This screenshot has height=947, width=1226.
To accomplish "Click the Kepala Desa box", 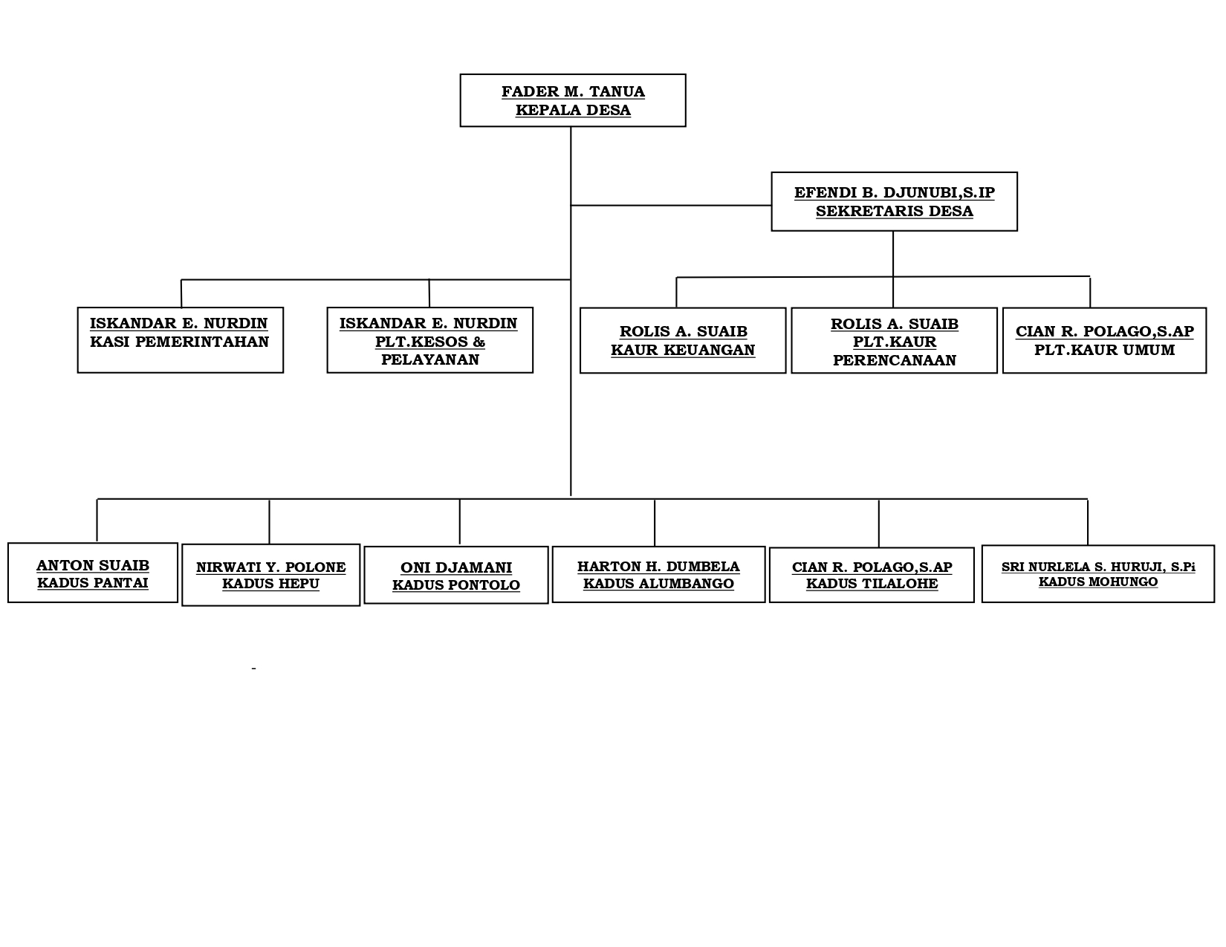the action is [x=573, y=100].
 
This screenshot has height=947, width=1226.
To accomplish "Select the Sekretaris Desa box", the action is [x=895, y=201].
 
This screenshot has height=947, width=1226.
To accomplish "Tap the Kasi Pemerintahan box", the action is [x=181, y=340].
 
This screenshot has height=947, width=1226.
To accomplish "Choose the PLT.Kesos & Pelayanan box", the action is [x=430, y=340].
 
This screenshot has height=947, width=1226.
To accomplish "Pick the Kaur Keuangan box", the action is [x=683, y=341].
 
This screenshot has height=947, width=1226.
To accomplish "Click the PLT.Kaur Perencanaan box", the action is [x=895, y=341].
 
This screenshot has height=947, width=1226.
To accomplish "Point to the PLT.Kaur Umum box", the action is [x=1105, y=341].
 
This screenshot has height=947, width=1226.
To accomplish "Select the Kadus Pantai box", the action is [x=93, y=573].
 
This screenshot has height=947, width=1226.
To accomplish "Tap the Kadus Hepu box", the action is [x=270, y=576].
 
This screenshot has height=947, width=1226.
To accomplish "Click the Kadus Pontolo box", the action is [x=456, y=576].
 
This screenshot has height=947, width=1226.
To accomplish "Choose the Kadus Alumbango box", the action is [x=658, y=575].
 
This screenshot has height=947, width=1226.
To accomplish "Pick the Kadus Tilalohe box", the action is [x=872, y=576].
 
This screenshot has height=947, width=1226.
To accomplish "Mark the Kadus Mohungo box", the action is [x=1098, y=574].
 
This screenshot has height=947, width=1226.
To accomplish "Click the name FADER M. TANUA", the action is [x=573, y=91].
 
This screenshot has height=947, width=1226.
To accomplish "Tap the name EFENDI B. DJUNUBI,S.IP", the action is [x=895, y=192].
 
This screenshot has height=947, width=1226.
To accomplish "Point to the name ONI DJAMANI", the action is [x=456, y=567].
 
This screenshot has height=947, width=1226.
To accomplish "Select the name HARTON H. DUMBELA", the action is [x=658, y=566].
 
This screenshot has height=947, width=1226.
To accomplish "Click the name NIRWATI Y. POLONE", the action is [x=270, y=567].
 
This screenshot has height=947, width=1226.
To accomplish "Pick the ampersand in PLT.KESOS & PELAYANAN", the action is [x=479, y=342].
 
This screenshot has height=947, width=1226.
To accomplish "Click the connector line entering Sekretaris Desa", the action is [x=672, y=205].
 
